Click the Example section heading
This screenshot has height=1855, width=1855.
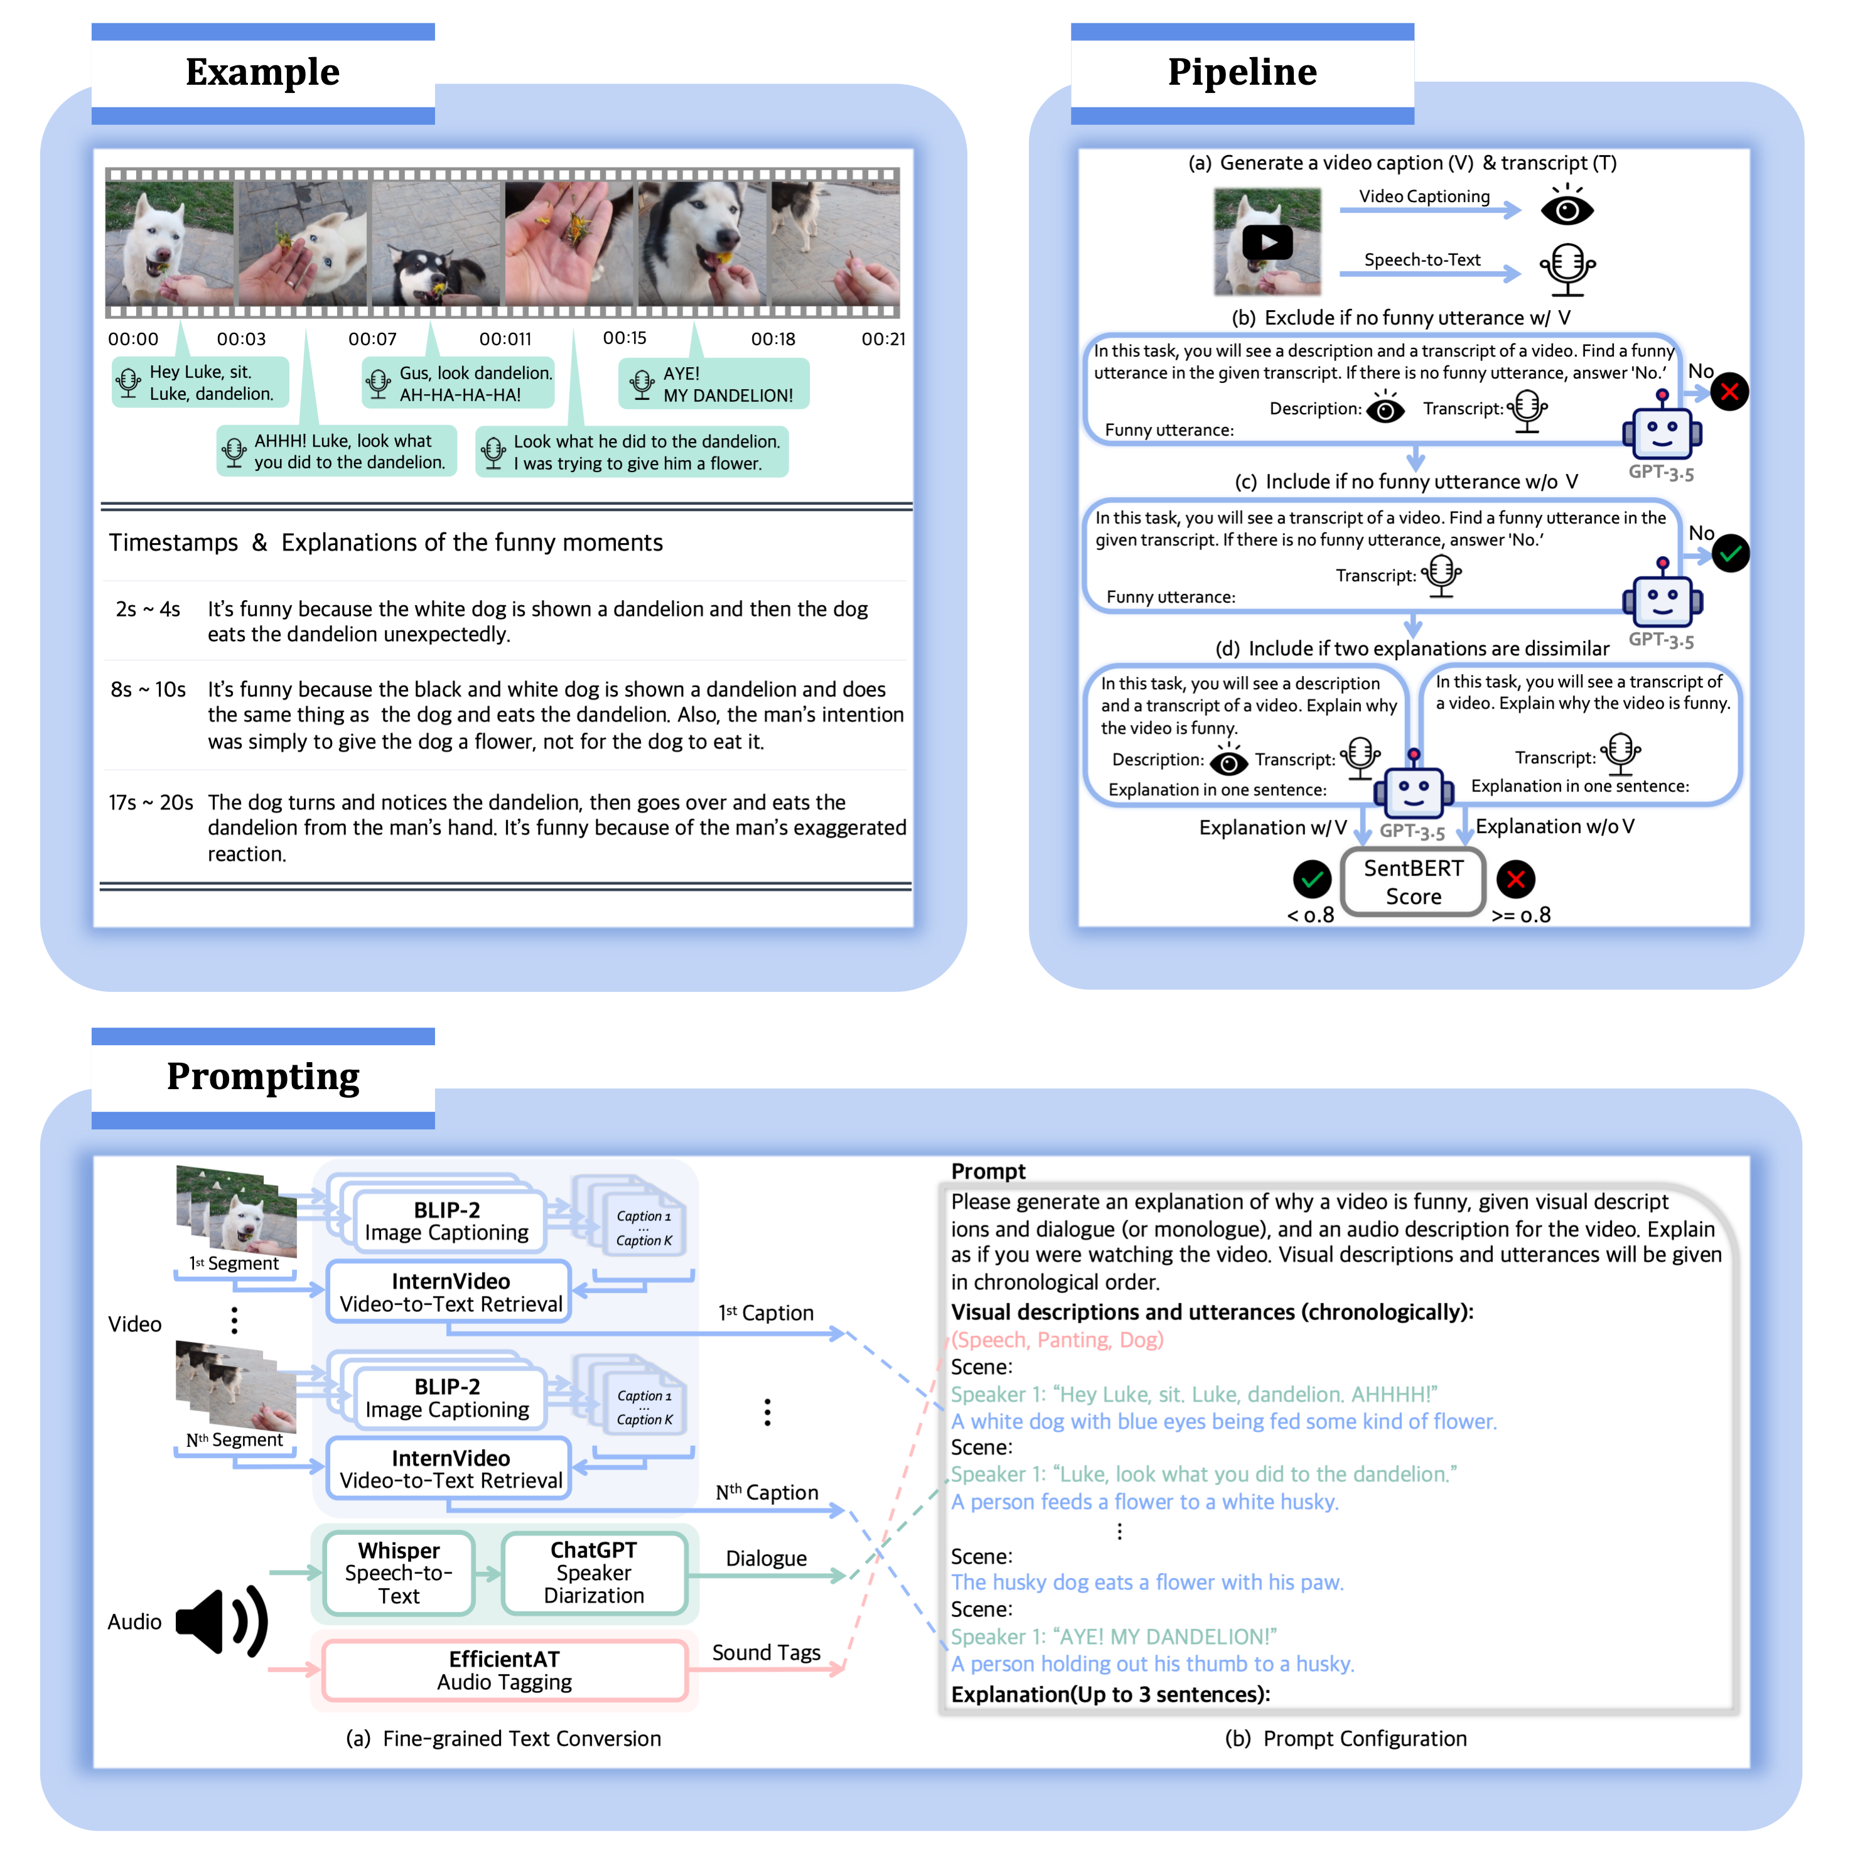click(x=262, y=72)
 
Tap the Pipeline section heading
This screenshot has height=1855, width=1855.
click(x=1242, y=72)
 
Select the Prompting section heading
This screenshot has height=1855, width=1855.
click(x=262, y=1077)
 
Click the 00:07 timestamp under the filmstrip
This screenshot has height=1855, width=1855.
click(x=372, y=339)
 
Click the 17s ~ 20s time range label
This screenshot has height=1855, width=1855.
click(x=151, y=803)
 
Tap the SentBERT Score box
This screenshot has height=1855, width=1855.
click(x=1413, y=883)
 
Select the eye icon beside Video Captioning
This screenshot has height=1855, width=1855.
click(x=1567, y=208)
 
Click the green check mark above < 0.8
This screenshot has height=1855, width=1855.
click(x=1311, y=878)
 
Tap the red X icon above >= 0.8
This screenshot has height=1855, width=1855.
click(x=1516, y=878)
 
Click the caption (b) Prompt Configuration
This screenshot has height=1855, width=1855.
click(x=1345, y=1739)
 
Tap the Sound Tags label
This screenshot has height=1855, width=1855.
click(x=766, y=1652)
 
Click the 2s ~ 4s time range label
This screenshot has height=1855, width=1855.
click(x=148, y=610)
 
